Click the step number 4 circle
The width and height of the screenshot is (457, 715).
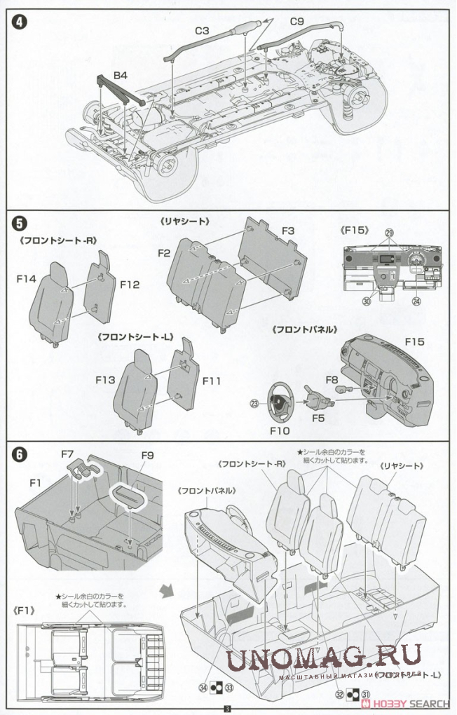[19, 21]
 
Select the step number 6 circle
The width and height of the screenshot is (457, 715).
[19, 454]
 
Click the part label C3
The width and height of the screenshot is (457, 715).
[203, 32]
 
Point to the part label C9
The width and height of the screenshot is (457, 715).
[296, 22]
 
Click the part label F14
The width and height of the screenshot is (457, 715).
[27, 279]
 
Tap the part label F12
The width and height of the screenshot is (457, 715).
[130, 285]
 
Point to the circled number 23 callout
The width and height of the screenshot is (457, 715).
[254, 402]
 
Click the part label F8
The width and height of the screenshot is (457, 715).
[332, 379]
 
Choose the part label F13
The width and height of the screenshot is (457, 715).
[106, 379]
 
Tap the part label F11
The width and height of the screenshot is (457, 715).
[212, 381]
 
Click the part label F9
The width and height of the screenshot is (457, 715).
[146, 455]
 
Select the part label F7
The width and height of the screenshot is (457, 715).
[68, 455]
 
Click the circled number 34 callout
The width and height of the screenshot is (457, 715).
[203, 688]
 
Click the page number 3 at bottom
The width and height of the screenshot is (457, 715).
[227, 709]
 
